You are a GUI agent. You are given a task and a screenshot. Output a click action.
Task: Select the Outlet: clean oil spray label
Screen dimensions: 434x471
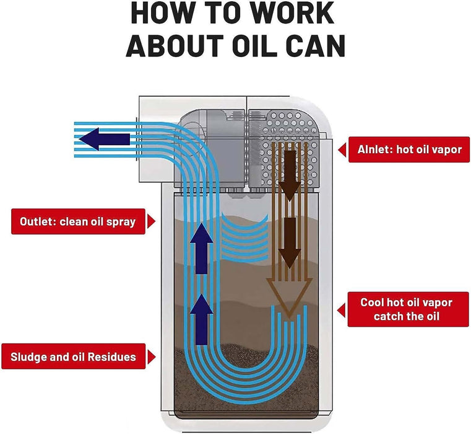(77, 221)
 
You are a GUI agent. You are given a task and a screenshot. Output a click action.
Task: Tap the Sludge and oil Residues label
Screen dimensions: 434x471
(73, 356)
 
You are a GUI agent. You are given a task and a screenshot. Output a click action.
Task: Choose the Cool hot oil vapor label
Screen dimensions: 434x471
(407, 309)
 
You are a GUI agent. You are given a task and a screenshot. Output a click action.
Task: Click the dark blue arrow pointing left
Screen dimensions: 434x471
(105, 139)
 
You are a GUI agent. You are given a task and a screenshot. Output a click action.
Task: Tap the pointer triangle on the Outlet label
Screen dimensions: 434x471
(151, 221)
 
